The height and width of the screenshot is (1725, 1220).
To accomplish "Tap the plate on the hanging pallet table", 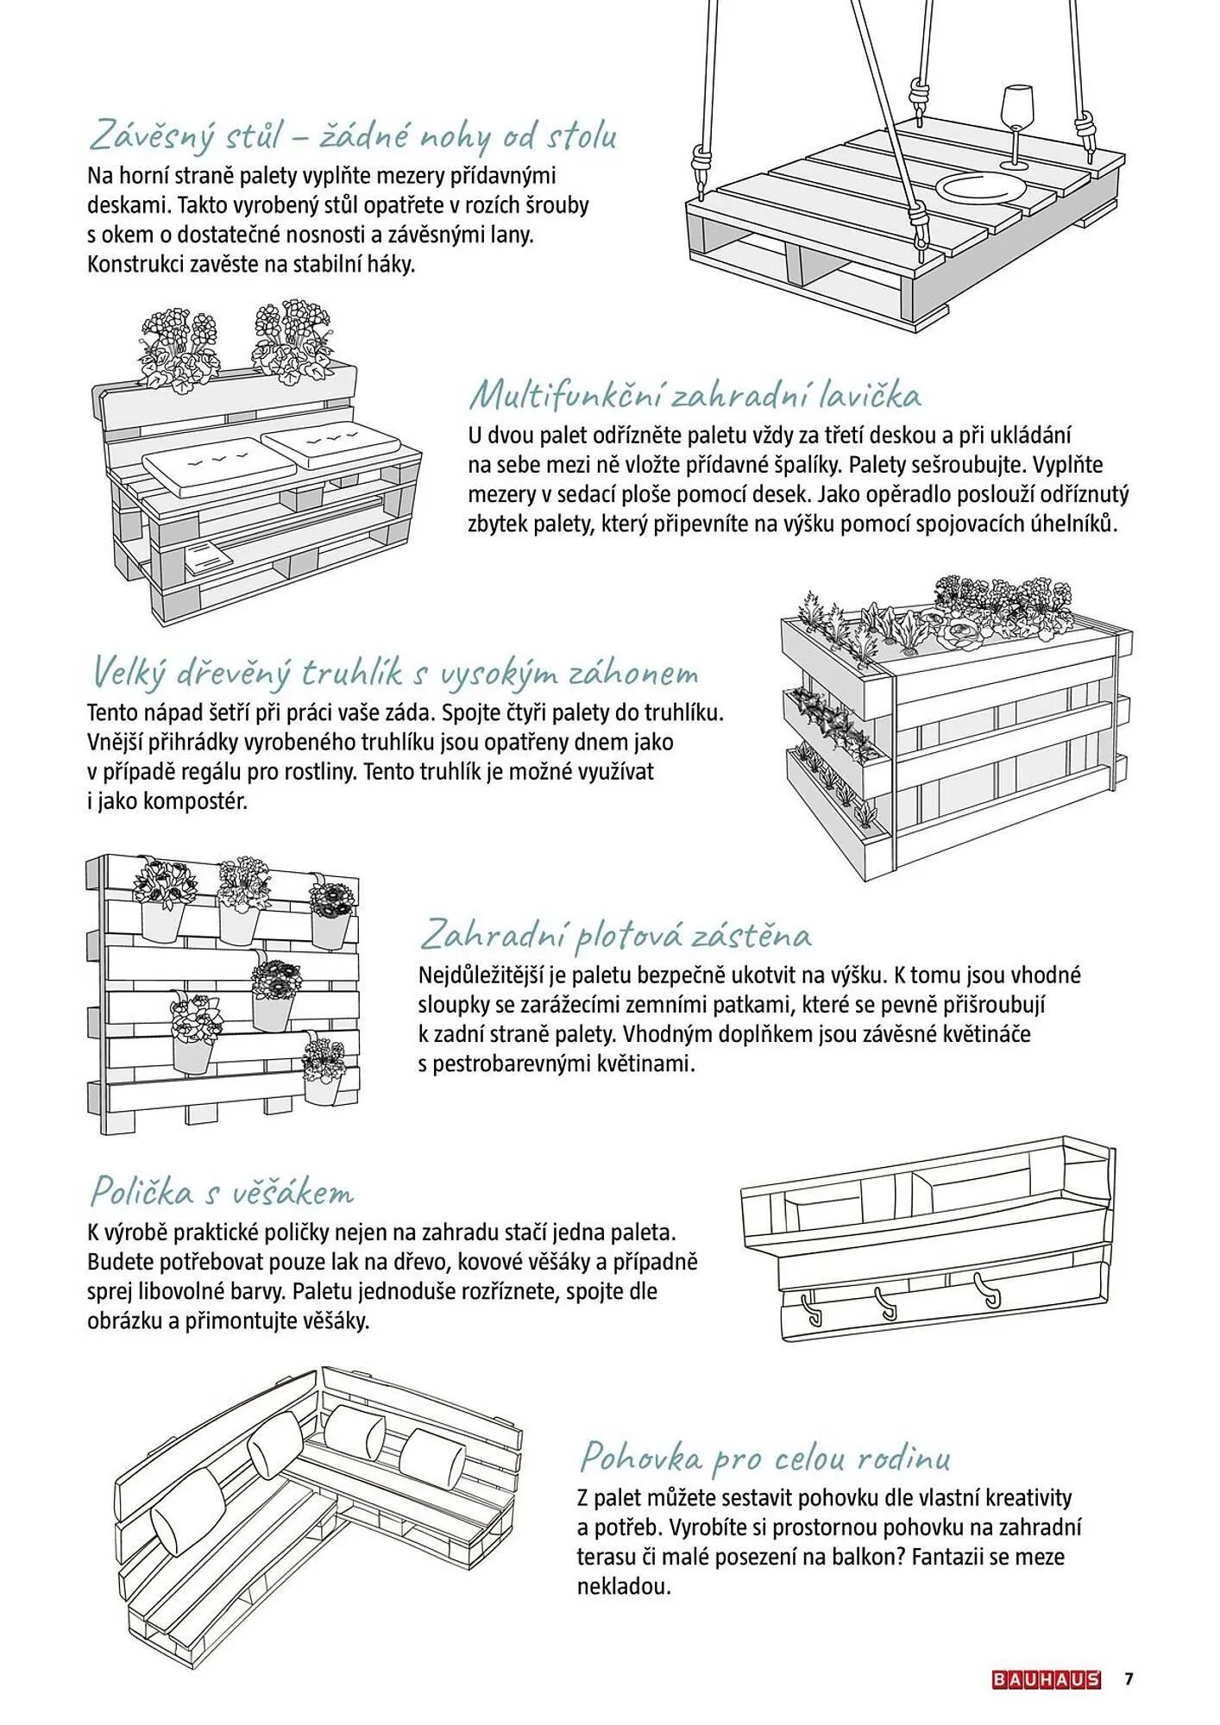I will pyautogui.click(x=983, y=188).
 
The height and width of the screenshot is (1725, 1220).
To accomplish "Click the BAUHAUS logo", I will pyautogui.click(x=1046, y=1680).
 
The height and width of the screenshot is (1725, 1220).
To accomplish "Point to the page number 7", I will pyautogui.click(x=1129, y=1679).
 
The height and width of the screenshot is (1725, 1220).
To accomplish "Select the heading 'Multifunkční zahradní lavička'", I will pyautogui.click(x=695, y=396).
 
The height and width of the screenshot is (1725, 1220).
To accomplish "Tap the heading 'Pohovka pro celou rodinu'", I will pyautogui.click(x=764, y=1458).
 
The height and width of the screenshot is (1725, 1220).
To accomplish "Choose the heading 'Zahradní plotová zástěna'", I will pyautogui.click(x=616, y=935).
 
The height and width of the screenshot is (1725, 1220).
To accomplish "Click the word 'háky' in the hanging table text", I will pyautogui.click(x=393, y=264).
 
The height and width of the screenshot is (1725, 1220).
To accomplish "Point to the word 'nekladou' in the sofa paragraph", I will pyautogui.click(x=624, y=1586).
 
